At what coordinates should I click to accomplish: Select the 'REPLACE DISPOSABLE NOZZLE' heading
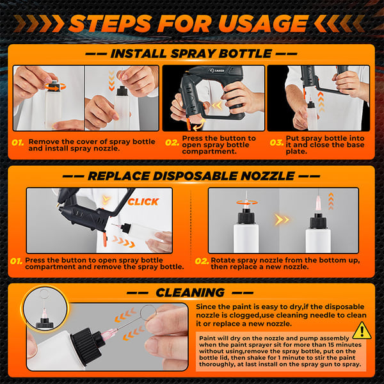click(x=191, y=175)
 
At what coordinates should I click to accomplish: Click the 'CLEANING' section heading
click(x=189, y=292)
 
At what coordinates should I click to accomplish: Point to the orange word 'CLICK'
click(x=143, y=202)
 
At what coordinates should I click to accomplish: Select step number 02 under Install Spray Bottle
click(x=172, y=142)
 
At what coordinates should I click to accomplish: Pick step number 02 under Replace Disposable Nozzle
click(x=202, y=261)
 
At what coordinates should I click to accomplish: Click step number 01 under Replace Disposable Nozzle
click(x=18, y=261)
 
